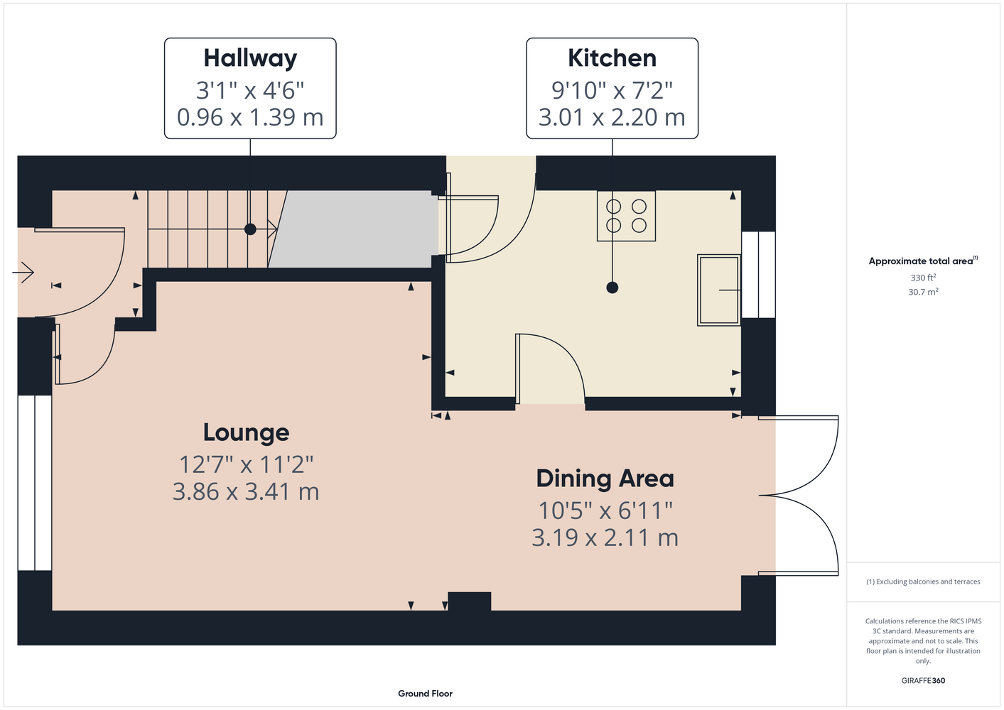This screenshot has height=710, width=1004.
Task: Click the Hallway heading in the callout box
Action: pos(250,59)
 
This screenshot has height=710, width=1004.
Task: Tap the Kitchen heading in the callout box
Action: pos(612,58)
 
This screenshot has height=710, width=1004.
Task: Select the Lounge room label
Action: pos(246,433)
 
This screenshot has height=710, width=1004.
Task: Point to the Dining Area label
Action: pos(605,479)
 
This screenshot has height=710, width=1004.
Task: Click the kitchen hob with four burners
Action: pos(626,216)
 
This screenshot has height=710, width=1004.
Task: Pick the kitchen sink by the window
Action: pos(718,290)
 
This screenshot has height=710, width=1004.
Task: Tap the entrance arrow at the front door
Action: pos(23,273)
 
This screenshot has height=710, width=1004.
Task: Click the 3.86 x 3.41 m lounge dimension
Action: pos(246,492)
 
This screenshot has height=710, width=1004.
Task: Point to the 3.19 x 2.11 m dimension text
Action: pos(605,538)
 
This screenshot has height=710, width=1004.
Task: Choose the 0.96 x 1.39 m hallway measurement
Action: pos(250,117)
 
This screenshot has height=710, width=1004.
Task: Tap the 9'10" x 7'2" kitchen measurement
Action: pos(612,90)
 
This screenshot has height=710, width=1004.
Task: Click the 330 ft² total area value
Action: pos(923,278)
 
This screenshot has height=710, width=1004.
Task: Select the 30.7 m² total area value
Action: pos(923,292)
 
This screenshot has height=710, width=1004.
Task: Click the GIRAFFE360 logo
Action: pos(923,680)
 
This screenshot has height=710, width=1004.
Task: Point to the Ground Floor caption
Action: pos(425,694)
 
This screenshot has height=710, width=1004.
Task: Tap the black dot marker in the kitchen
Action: pos(612,288)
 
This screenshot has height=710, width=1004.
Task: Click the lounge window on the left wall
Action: pos(35,483)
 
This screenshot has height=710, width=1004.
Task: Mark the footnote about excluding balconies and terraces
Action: pos(923,581)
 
